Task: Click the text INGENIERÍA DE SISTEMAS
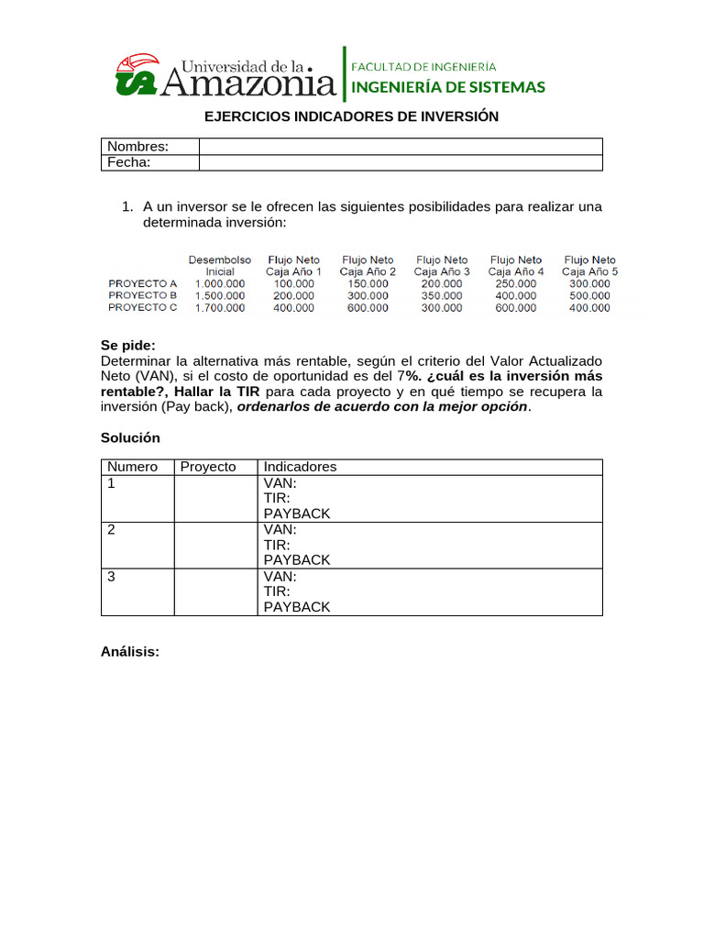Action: pos(449,87)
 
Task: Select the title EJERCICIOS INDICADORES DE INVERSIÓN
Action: pos(351,116)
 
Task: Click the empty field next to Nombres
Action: pos(401,147)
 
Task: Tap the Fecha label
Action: pos(128,162)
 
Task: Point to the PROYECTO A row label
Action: pos(142,284)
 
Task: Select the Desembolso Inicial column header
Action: pos(220,266)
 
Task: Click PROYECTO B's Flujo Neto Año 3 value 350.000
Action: pos(442,296)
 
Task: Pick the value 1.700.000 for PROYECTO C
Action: pos(220,308)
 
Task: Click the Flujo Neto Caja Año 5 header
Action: pos(589,266)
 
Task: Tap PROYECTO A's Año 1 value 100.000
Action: pos(293,284)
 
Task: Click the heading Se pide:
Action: pos(128,346)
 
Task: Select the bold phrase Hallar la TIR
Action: pos(216,392)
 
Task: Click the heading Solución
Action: pos(130,438)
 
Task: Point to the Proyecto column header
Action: pos(208,467)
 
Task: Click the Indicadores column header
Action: pos(300,467)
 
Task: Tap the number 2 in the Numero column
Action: pos(111,529)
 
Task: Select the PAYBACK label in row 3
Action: pos(297,607)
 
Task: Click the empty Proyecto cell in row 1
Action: pos(214,498)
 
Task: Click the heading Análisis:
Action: pos(130,652)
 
